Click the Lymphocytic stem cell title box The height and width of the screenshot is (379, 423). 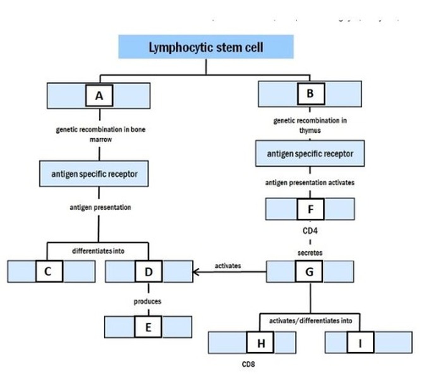(206, 47)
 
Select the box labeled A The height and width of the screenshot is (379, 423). (99, 95)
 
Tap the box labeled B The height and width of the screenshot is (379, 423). (311, 93)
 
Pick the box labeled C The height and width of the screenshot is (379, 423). (49, 271)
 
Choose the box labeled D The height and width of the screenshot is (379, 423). (148, 271)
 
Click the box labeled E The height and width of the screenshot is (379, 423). (148, 327)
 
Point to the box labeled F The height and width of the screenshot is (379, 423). (311, 209)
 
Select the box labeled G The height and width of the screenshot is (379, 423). (309, 271)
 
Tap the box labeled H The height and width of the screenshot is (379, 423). (260, 343)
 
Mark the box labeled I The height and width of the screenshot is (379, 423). (360, 343)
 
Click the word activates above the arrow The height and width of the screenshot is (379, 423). (228, 266)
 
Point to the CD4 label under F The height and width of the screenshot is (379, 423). (310, 231)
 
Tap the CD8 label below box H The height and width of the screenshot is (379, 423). (248, 364)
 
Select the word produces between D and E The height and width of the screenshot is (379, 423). (148, 301)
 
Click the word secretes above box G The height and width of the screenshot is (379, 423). (310, 253)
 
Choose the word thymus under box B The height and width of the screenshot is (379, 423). (310, 130)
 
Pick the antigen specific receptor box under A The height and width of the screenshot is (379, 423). (94, 174)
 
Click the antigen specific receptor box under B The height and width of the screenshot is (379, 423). (310, 154)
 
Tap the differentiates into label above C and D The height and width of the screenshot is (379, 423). (98, 251)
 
